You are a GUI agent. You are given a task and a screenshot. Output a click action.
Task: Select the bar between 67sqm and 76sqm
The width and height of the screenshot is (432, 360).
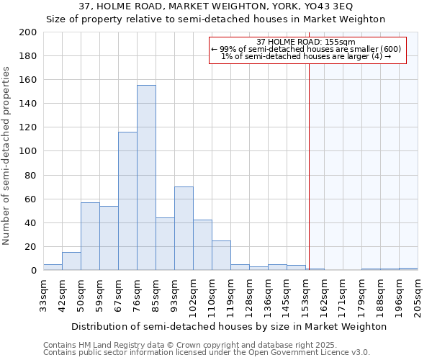coord(127,201)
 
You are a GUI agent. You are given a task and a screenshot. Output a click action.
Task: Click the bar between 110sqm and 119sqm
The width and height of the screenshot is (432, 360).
coord(221,256)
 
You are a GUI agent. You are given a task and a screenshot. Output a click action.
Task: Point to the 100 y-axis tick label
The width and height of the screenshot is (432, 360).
coord(28,151)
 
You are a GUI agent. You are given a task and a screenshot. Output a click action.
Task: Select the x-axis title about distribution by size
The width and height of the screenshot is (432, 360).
coord(230,326)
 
